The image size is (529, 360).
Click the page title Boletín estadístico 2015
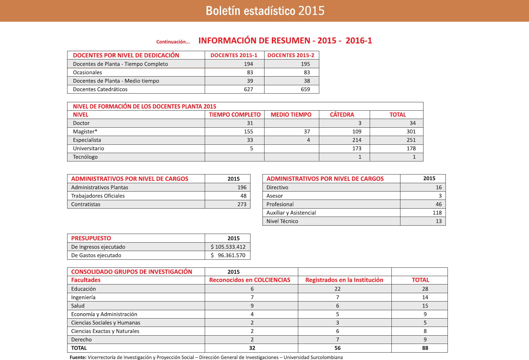[x=265, y=11]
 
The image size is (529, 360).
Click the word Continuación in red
[x=173, y=42]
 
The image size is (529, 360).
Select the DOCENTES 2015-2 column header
[x=291, y=55]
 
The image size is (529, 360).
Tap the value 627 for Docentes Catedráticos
[x=248, y=89]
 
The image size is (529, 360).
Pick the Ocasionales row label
[x=87, y=73]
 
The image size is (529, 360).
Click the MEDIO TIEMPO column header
[x=291, y=115]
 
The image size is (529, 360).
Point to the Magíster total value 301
[x=411, y=132]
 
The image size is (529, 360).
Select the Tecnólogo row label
[x=85, y=157]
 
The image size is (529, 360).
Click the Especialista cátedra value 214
[x=357, y=140]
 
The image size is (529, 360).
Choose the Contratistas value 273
[x=242, y=204]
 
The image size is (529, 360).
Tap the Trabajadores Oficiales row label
[x=98, y=196]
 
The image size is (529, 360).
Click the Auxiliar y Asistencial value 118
[x=437, y=213]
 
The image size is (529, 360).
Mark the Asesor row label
[x=275, y=196]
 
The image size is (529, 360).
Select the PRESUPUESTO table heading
[x=91, y=238]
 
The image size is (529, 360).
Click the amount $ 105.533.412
[x=228, y=247]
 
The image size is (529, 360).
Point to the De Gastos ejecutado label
[x=96, y=255]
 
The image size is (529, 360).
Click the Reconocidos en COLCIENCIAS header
[x=249, y=280]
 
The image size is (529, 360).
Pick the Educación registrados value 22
[x=338, y=289]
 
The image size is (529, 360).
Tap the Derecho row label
[x=81, y=340]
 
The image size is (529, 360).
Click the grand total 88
[x=425, y=348]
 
